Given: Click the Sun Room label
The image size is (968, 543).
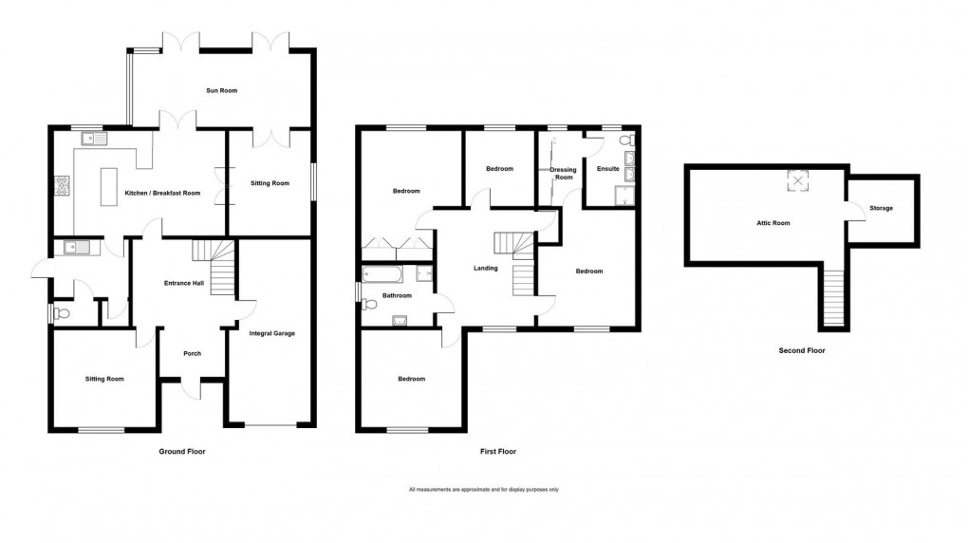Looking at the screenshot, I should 221,91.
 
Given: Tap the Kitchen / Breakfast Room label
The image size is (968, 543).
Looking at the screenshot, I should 162,194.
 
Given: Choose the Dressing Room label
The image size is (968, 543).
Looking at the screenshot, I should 564,174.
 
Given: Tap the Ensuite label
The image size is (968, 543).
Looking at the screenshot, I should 607,169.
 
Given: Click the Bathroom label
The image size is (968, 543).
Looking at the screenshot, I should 397,295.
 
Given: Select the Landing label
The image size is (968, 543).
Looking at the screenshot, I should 486,269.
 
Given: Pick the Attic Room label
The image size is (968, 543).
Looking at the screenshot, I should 771,223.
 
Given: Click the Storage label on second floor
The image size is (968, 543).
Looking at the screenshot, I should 882,208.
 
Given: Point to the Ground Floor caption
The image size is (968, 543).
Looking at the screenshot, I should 181,452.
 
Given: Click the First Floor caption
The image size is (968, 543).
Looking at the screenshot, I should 504,452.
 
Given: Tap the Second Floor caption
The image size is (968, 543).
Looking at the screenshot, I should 802,350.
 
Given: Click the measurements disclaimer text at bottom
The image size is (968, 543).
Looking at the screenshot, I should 484,490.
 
